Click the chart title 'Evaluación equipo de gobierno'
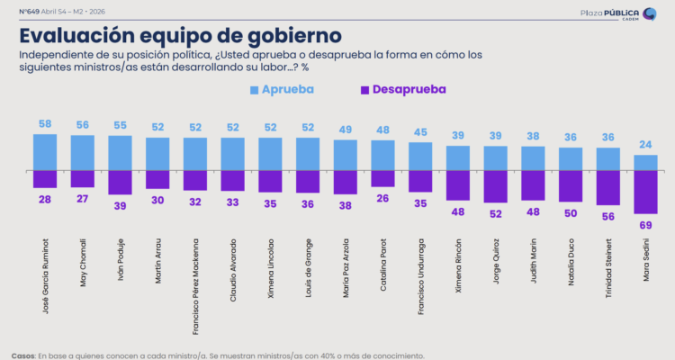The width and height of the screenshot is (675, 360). (x=180, y=35)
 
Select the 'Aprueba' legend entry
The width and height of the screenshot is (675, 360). (x=283, y=90)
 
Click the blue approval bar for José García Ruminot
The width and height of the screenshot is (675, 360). (x=44, y=151)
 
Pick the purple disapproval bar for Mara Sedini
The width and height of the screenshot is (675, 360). (x=646, y=191)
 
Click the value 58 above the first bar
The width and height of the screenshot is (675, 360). (x=44, y=122)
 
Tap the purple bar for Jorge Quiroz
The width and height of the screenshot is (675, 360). (x=496, y=185)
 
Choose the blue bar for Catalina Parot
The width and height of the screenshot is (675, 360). (x=382, y=155)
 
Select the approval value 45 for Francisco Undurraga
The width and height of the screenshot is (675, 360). (x=420, y=133)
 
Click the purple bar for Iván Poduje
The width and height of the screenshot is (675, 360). (x=120, y=182)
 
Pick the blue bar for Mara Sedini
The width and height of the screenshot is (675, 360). (x=646, y=162)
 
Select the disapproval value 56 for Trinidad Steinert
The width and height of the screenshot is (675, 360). (x=609, y=217)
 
